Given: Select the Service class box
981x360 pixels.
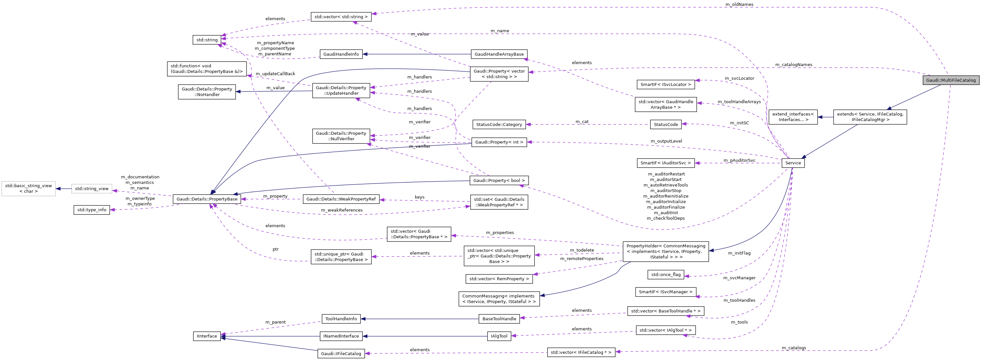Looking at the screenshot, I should click(x=793, y=163).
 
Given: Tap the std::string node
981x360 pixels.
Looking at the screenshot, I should click(x=207, y=40).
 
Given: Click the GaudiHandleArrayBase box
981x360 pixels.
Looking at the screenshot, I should click(x=499, y=54).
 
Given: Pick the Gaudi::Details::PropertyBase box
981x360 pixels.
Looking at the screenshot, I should click(x=207, y=199).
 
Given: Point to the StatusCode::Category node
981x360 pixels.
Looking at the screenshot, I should click(x=499, y=125).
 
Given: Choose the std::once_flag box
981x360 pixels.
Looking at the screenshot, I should click(x=666, y=274).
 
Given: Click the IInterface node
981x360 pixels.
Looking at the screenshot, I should click(x=207, y=336).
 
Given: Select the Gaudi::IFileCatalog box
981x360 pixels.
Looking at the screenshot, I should click(x=341, y=353).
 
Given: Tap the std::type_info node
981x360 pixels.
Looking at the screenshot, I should click(x=92, y=210).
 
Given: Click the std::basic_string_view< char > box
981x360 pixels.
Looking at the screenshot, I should click(x=29, y=188).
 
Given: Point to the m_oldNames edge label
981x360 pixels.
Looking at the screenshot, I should click(x=739, y=4).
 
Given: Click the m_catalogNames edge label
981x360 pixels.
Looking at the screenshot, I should click(x=794, y=65).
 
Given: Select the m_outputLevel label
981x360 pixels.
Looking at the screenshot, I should click(x=666, y=141).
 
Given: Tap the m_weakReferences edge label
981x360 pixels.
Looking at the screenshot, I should click(x=342, y=210).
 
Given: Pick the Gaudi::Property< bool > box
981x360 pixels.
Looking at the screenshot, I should click(x=499, y=181).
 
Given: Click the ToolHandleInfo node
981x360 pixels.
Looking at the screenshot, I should click(x=341, y=319).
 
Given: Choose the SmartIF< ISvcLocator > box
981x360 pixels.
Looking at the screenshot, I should click(x=665, y=85).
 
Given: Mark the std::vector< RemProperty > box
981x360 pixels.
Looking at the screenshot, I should click(x=499, y=279).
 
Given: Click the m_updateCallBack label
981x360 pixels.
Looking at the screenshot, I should click(x=275, y=74).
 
